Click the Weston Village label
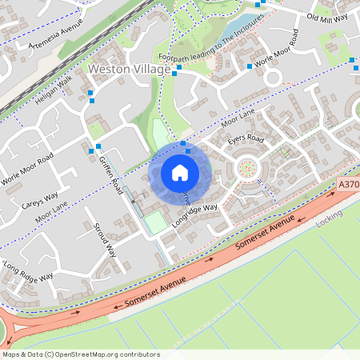pyautogui.click(x=128, y=70)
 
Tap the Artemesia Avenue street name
pyautogui.click(x=55, y=34)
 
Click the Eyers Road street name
pyautogui.click(x=245, y=139)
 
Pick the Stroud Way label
pyautogui.click(x=105, y=239)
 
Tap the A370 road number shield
pyautogui.click(x=348, y=184)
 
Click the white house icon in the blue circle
pyautogui.click(x=180, y=173)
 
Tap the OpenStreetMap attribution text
pyautogui.click(x=81, y=354)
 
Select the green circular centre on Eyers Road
pyautogui.click(x=247, y=168)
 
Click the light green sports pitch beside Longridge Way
pyautogui.click(x=156, y=222)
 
